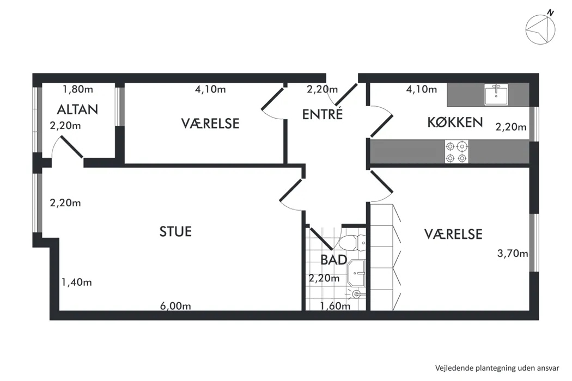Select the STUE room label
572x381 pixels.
click(x=175, y=231)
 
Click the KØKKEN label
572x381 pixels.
click(x=455, y=122)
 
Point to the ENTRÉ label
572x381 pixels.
click(x=322, y=114)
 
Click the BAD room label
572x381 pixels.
click(x=333, y=260)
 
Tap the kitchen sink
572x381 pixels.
click(x=496, y=95)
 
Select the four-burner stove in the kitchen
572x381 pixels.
click(x=457, y=152)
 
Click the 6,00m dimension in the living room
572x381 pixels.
click(x=175, y=306)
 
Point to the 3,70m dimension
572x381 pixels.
click(x=513, y=253)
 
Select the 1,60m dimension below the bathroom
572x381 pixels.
click(x=334, y=306)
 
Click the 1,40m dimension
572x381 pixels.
click(x=76, y=282)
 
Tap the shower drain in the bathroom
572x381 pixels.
click(x=356, y=294)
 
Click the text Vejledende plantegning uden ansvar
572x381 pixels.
click(x=497, y=367)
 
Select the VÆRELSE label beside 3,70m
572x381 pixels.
click(x=453, y=234)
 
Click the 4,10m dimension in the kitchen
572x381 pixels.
click(x=422, y=89)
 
